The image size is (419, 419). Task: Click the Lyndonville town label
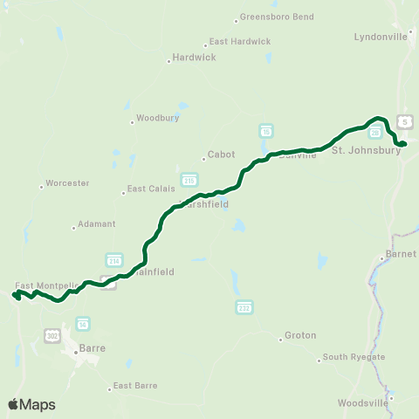coord(381,37)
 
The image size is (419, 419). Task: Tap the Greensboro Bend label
coord(270,17)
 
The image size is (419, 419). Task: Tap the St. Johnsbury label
coord(366,150)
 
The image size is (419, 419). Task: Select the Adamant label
coord(96,224)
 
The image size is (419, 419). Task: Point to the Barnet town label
coord(400,257)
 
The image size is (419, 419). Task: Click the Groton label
coord(300,336)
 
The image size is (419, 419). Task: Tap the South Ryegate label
coord(347,356)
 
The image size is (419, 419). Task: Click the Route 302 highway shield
coord(52,335)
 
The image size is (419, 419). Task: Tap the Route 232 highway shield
coord(244,307)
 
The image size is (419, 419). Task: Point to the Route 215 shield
coord(189,179)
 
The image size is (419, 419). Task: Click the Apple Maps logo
coord(31,404)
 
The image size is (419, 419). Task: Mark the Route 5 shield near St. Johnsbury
coord(404,120)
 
